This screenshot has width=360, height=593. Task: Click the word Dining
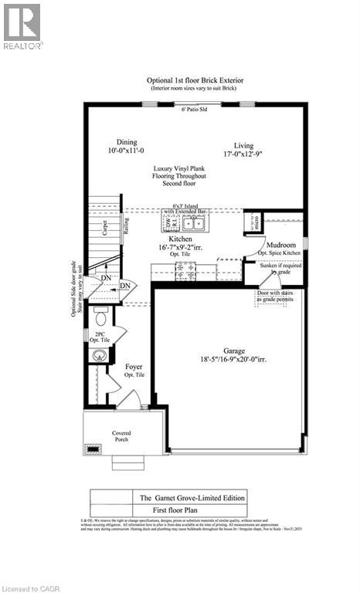pos(127,142)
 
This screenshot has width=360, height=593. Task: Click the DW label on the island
pos(168,221)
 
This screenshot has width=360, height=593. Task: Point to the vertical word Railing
pos(126,226)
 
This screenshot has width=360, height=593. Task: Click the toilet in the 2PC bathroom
pos(100,317)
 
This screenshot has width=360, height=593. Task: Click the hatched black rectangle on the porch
pos(93,447)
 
